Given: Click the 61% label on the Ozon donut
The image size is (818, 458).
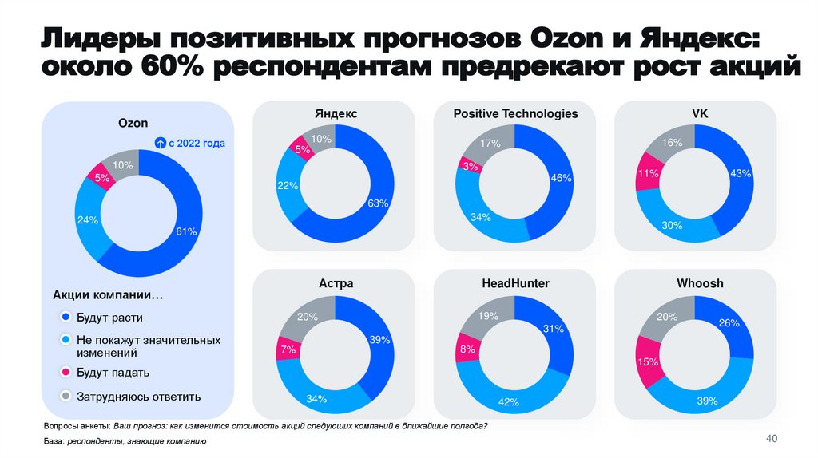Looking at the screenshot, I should (185, 232).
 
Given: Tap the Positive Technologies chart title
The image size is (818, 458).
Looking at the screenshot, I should (515, 114).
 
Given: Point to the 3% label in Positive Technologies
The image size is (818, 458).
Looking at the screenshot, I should (470, 166).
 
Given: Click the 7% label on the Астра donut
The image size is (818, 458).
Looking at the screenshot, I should (288, 349).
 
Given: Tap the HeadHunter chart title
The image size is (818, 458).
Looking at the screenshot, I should (515, 283).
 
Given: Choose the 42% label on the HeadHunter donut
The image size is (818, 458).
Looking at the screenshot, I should (509, 401).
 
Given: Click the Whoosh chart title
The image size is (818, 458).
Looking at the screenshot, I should (699, 283).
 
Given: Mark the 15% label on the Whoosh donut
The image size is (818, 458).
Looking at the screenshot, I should (647, 361).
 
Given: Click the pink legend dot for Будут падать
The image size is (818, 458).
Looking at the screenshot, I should (66, 373).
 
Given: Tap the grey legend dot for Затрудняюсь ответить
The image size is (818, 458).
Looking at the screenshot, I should (66, 396).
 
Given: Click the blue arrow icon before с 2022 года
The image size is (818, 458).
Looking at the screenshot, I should (160, 144).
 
